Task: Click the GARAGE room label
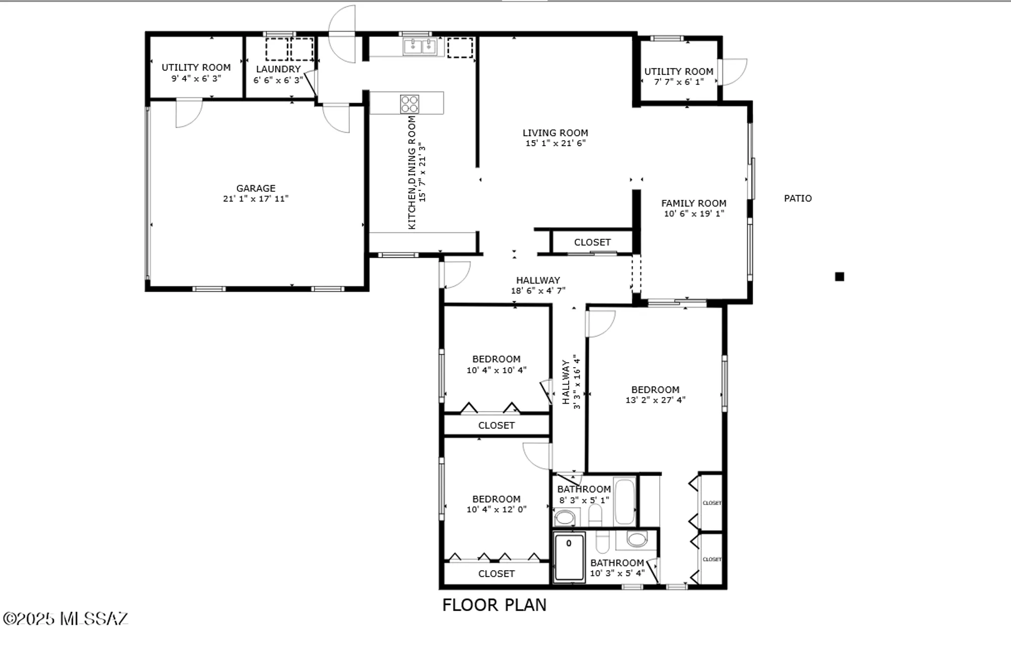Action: [256, 188]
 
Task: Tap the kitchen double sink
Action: [420, 47]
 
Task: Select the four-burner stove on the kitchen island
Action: [409, 104]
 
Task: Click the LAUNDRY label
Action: [278, 69]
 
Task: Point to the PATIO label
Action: [798, 198]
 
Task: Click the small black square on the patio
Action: [840, 277]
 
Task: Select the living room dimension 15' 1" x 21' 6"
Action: [555, 143]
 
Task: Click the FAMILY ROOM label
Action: [694, 203]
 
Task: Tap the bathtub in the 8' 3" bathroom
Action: [625, 501]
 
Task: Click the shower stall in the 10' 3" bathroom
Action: [569, 556]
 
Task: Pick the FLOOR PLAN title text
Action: [494, 605]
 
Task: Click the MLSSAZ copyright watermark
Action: [66, 618]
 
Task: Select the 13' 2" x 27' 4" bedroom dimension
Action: [655, 400]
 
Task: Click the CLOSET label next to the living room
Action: [592, 242]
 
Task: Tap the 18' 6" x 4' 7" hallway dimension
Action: [538, 290]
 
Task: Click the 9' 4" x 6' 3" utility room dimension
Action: [196, 78]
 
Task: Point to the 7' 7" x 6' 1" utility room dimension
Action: [678, 81]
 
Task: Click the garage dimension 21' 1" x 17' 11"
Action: [256, 199]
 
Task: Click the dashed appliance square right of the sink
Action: [460, 47]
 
